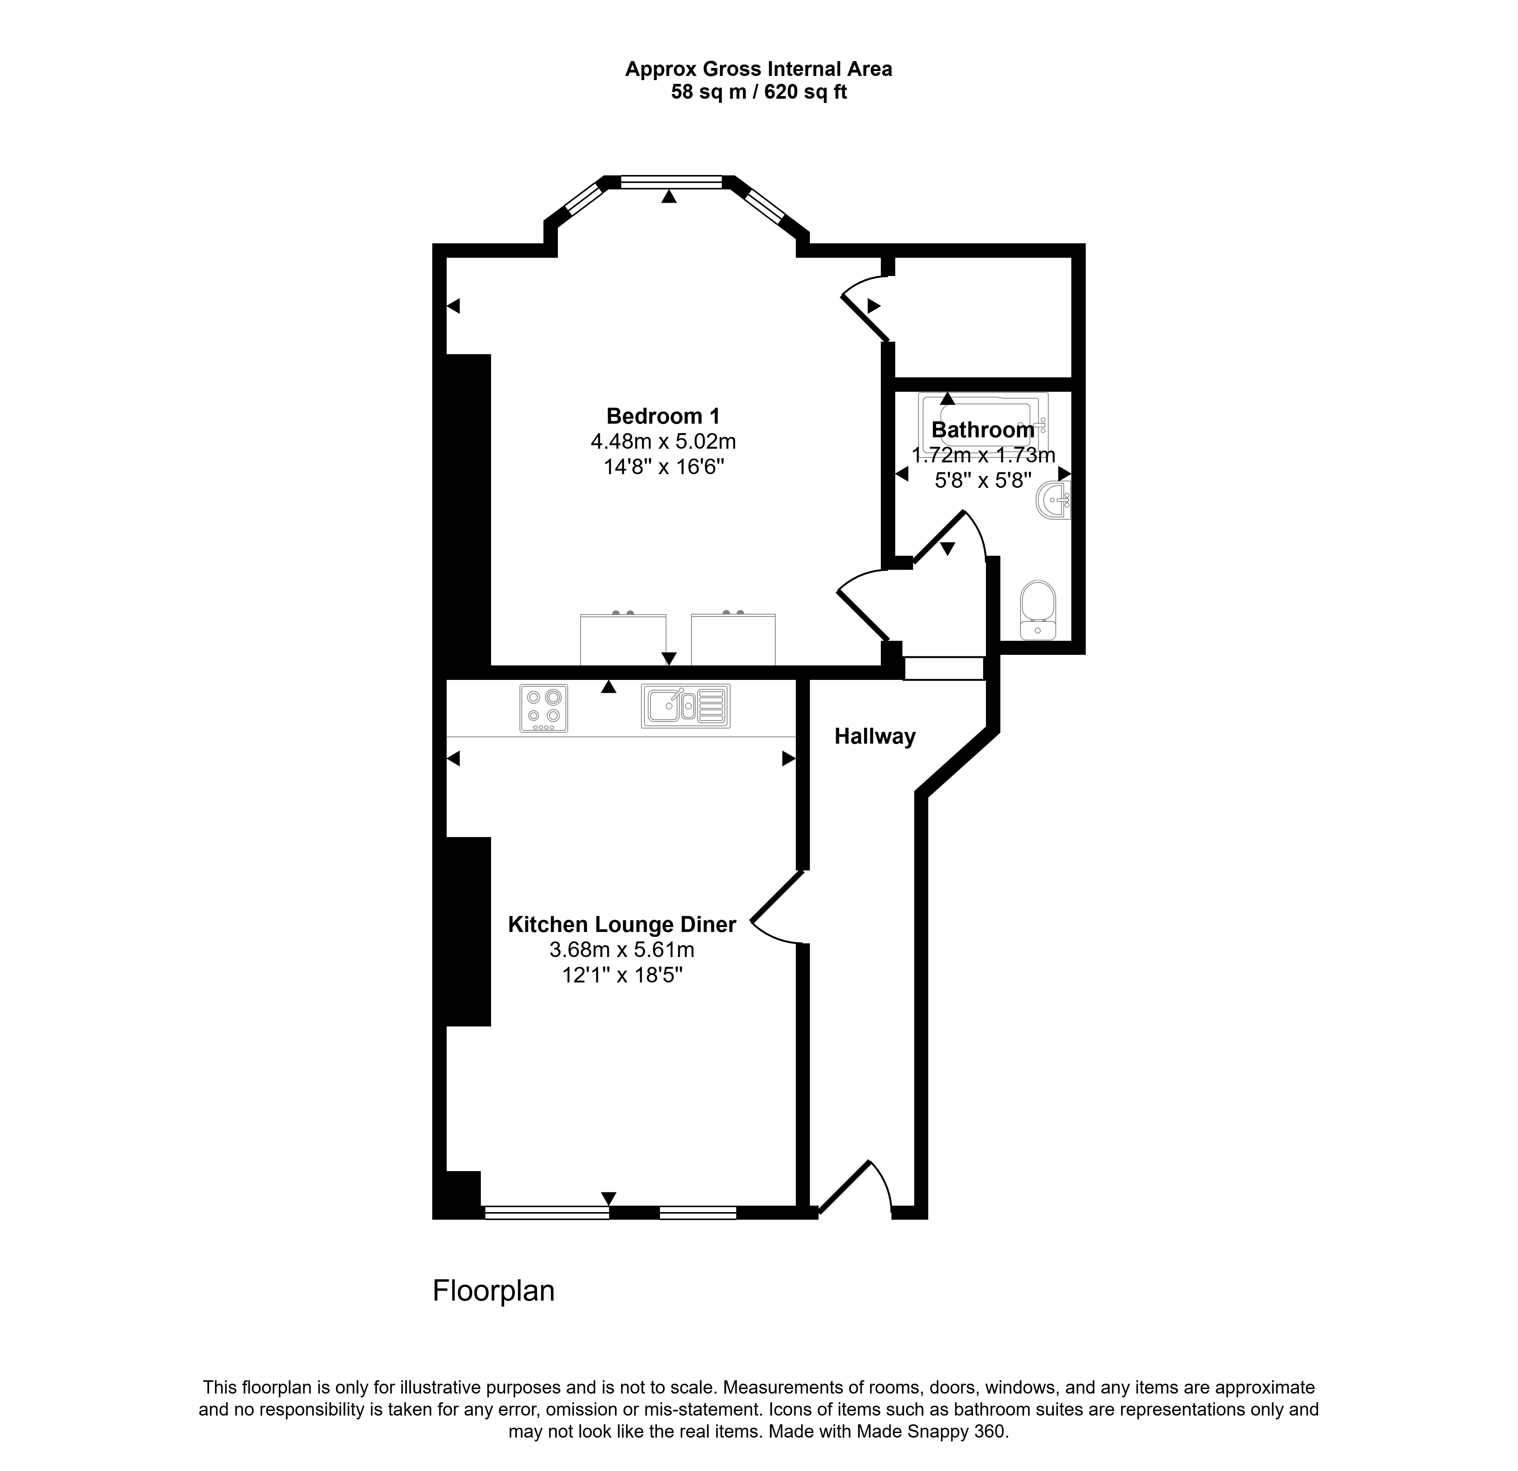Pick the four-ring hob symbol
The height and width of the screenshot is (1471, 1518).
click(544, 708)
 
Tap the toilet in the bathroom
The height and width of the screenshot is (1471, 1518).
click(1038, 610)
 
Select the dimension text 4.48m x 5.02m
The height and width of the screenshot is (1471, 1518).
click(663, 441)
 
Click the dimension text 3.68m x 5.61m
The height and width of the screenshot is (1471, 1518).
click(622, 950)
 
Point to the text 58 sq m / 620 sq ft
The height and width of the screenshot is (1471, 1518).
click(759, 92)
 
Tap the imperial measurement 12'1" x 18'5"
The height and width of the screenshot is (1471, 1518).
click(622, 974)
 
